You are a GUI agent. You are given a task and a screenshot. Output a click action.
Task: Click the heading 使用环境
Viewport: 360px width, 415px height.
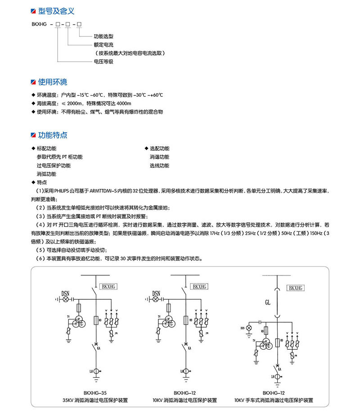[x=53, y=82]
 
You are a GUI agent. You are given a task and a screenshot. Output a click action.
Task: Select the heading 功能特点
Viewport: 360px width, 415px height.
[x=53, y=135]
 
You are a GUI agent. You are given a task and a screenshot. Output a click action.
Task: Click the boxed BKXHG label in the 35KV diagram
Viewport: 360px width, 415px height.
[x=109, y=286]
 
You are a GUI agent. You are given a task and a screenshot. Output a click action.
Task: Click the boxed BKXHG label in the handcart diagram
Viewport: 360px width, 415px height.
[x=295, y=288]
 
